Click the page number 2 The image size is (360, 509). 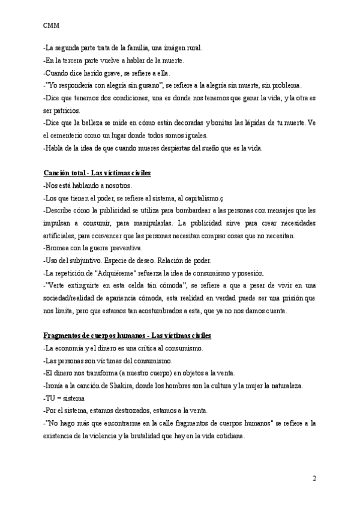tap(314, 478)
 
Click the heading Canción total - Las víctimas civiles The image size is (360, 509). tap(97, 173)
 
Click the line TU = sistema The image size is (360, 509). tap(64, 398)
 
